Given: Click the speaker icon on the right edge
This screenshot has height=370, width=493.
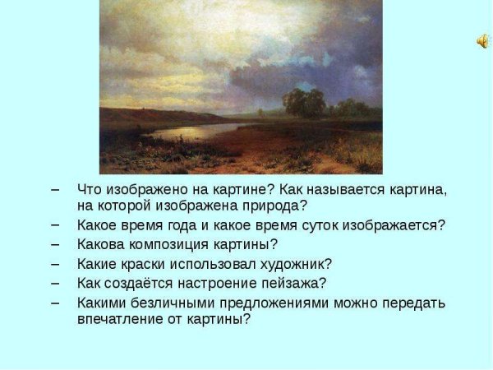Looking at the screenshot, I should [481, 41].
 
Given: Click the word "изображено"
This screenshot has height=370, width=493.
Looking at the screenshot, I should [145, 189].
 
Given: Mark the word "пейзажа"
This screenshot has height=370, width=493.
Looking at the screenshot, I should [297, 284].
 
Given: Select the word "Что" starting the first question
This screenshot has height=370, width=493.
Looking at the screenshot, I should [90, 189].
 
